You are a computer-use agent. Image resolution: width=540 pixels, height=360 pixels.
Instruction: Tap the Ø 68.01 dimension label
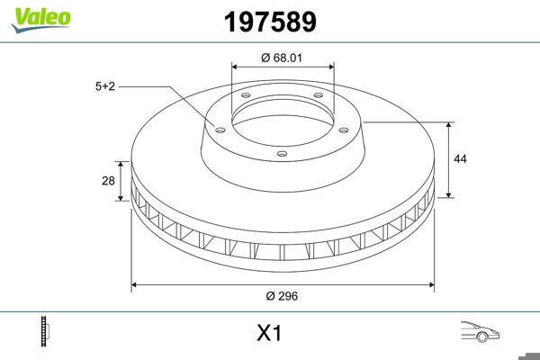point(283,58)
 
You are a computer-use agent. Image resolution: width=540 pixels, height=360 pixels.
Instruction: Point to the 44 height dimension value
point(461,158)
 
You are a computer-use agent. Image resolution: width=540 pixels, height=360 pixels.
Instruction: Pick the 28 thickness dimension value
point(108,181)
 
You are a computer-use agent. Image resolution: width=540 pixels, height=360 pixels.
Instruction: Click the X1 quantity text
point(269,333)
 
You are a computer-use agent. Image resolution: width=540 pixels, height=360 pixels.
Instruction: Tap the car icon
point(480,331)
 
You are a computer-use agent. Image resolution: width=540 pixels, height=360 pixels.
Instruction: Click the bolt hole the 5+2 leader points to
point(218,127)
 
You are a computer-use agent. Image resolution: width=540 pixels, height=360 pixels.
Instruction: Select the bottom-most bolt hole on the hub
point(282,154)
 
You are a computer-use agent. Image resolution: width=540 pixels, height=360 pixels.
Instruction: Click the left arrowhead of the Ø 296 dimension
point(135,285)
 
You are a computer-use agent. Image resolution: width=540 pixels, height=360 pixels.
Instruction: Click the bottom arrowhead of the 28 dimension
point(120,198)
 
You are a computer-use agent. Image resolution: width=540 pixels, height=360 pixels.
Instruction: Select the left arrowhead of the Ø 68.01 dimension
point(234,66)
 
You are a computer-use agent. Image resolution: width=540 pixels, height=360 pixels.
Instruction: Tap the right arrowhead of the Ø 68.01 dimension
point(331,66)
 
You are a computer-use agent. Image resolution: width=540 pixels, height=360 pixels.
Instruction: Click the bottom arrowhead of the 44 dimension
point(449,194)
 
